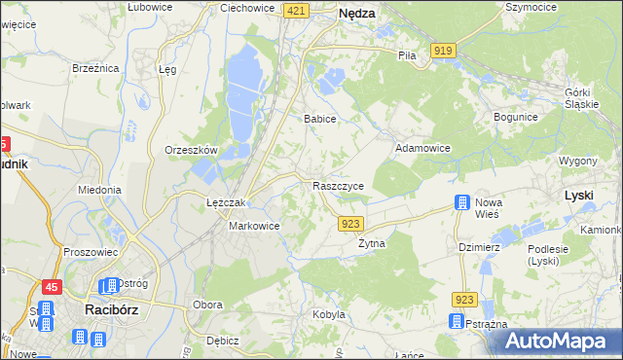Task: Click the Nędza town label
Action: pos(356,14)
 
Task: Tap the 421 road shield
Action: pos(298,10)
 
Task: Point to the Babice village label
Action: pos(319,119)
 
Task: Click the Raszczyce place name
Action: pos(338,185)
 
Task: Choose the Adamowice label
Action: pos(422,148)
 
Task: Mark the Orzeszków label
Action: pos(190,150)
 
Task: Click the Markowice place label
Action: pos(254,226)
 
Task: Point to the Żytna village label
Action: pos(372,243)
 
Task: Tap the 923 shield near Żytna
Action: pos(352,224)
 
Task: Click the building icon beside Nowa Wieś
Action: pos(460,203)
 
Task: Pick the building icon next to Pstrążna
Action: pos(455,321)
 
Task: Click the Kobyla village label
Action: pos(329,314)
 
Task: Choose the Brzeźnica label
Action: pos(95,68)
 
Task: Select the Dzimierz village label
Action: pos(479,247)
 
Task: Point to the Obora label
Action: pos(208,305)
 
